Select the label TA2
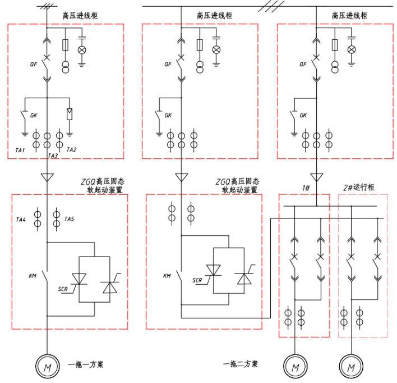71,149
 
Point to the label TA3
53,156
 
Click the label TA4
20,219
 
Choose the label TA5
70,218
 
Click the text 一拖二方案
240,364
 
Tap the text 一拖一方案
85,365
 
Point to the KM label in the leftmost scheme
33,276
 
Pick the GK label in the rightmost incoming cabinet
303,116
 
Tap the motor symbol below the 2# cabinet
351,367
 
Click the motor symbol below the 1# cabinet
294,367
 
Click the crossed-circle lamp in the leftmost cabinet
82,50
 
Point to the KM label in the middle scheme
167,276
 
